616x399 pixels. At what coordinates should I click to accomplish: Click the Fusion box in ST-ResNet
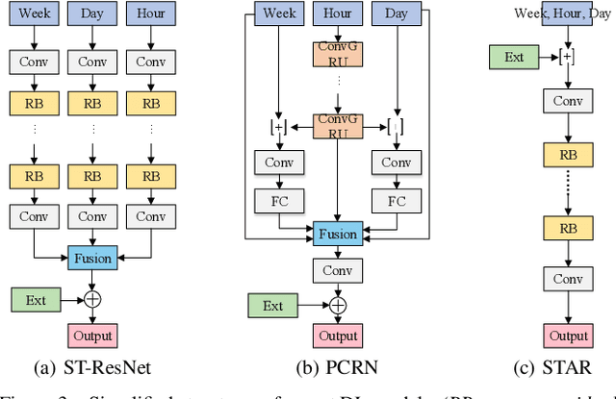(92, 258)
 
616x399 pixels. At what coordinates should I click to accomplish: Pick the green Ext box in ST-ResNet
(36, 300)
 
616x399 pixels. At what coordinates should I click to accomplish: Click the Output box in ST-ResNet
(92, 336)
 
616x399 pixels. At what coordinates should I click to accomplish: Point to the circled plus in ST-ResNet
(92, 300)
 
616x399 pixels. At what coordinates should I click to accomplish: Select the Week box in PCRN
(279, 15)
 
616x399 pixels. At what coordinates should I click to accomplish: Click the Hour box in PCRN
(337, 15)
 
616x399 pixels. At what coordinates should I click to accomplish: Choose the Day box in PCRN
(397, 15)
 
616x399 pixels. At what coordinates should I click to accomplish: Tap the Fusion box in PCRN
(337, 234)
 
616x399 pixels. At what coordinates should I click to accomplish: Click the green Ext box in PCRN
(273, 306)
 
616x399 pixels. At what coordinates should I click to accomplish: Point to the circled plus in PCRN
(337, 306)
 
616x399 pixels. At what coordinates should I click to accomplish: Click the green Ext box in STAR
(514, 57)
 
